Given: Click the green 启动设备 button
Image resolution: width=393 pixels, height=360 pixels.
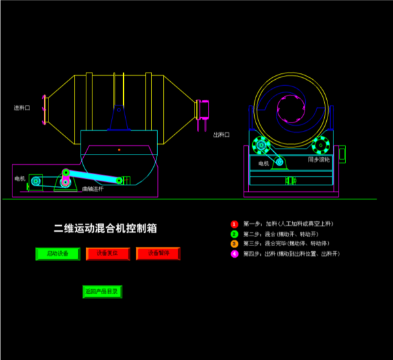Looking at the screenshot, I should click(58, 253).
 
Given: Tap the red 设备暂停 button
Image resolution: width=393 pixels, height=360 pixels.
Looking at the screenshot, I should click(158, 253).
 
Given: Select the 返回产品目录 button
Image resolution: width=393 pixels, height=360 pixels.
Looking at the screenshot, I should click(102, 291).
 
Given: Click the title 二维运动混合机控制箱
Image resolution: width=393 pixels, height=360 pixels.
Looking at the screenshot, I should click(105, 228).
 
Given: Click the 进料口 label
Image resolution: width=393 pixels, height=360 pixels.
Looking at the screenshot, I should click(23, 107).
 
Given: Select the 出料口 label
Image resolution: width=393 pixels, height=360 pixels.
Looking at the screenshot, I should click(221, 135).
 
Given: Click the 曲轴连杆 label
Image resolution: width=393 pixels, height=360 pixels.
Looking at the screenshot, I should click(93, 189).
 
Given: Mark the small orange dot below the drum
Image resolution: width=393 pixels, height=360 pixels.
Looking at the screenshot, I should click(119, 150).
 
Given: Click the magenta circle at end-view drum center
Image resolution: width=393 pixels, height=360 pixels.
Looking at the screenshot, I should click(290, 107).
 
